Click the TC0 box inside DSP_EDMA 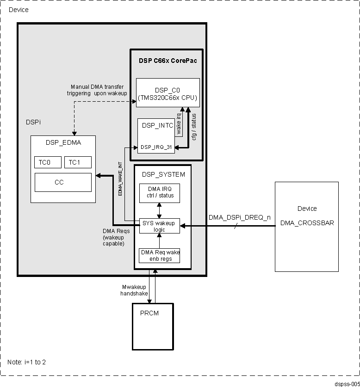click(x=47, y=162)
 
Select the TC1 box click(x=78, y=162)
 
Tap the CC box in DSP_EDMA click(x=63, y=182)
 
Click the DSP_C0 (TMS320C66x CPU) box click(x=168, y=93)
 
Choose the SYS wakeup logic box click(x=160, y=226)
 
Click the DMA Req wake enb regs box click(x=160, y=255)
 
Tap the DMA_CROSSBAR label click(x=307, y=223)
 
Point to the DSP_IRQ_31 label click(x=156, y=147)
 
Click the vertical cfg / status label click(x=194, y=127)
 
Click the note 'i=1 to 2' click(x=27, y=362)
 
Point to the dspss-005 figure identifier click(x=347, y=384)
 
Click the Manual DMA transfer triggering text click(x=97, y=90)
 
